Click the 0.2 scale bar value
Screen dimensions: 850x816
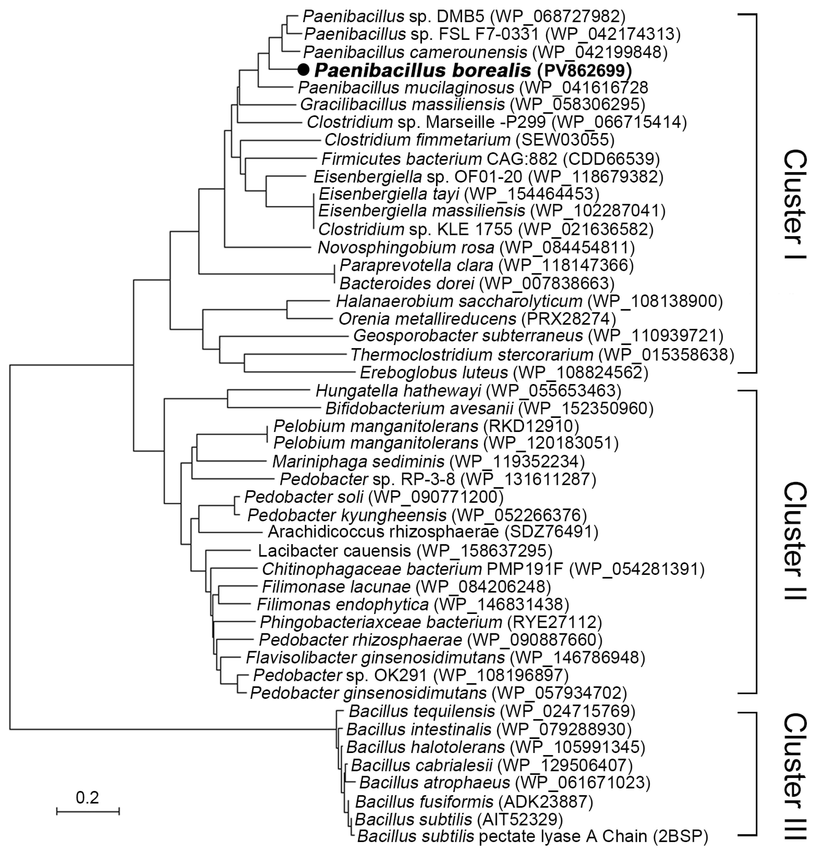87,797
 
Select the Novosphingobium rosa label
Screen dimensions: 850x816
406,248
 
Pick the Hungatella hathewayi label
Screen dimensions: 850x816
398,391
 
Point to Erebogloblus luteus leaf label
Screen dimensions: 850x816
433,372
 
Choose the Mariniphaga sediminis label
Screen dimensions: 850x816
358,461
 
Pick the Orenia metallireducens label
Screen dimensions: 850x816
427,319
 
